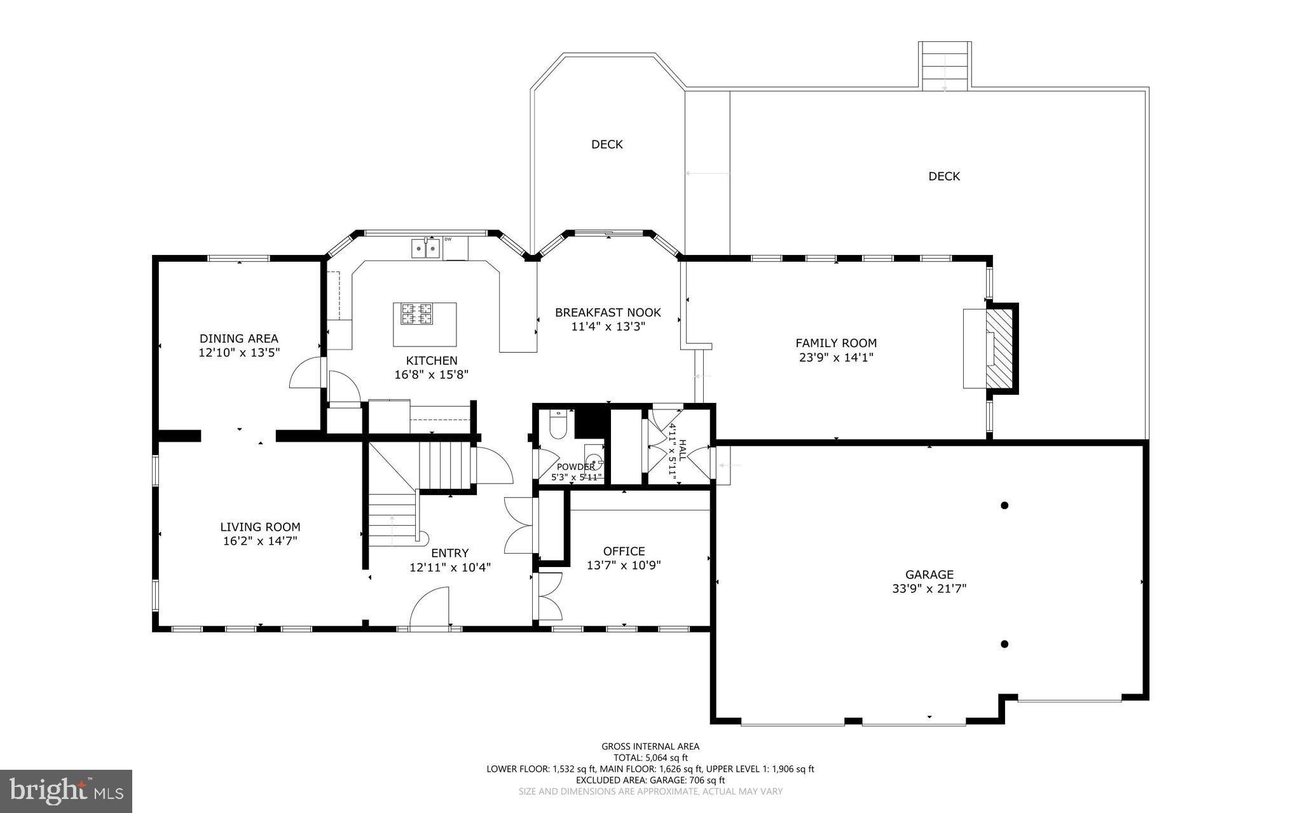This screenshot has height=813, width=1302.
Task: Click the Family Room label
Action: point(836,343)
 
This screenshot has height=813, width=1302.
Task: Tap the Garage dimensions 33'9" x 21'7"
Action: point(929,589)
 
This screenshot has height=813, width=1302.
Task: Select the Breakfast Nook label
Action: point(608,313)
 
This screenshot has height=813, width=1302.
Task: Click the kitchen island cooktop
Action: point(416,314)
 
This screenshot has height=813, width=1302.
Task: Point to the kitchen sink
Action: point(425,248)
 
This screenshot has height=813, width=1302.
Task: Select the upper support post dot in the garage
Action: point(1004,506)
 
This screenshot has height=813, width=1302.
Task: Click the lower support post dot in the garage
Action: point(1004,644)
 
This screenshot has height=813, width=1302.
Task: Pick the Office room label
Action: point(624,552)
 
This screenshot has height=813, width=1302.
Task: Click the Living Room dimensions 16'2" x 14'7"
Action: point(260,542)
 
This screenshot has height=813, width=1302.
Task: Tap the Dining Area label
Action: point(239,339)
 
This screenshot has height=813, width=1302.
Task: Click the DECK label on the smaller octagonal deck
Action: point(607,144)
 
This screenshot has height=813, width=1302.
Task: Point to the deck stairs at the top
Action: point(945,65)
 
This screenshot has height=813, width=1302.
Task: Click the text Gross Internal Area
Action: point(650,747)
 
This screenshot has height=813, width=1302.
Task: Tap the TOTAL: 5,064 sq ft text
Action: point(650,758)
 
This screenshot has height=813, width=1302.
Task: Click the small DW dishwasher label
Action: point(448,240)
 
